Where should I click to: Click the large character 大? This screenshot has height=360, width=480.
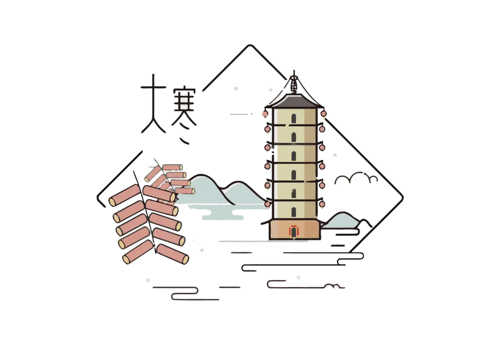click(x=154, y=104)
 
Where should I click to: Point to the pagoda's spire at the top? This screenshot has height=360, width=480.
click(x=294, y=82)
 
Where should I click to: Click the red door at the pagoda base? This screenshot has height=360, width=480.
click(x=294, y=231)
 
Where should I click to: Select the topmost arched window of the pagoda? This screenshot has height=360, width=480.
click(x=294, y=119)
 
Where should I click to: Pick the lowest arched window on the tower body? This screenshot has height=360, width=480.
click(x=294, y=212)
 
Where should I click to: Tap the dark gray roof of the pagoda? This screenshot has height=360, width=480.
click(x=294, y=101)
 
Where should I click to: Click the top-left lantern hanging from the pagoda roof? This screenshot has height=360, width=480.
click(x=265, y=114)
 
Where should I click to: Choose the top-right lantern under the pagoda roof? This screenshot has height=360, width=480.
click(x=324, y=114)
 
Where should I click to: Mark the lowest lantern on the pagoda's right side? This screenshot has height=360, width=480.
click(x=322, y=204)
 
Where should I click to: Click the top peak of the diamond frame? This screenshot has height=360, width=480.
click(x=250, y=45)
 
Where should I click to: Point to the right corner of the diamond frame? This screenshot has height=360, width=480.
click(x=403, y=197)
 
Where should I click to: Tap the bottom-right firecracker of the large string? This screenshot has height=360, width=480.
click(x=172, y=254)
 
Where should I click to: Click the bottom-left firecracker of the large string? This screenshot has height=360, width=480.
click(x=138, y=252)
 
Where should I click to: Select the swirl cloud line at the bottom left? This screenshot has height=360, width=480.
click(x=186, y=293)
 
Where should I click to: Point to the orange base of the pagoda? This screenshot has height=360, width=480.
click(x=295, y=229)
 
